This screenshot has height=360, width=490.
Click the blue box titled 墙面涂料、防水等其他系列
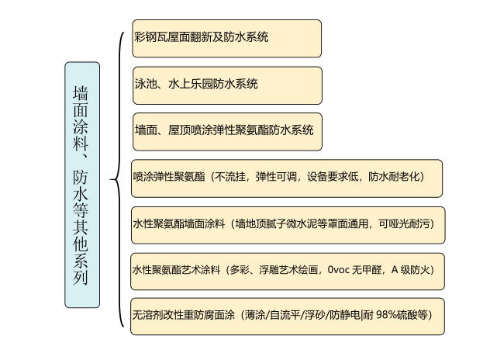[x=82, y=185]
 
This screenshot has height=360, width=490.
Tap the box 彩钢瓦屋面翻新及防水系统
[x=227, y=39]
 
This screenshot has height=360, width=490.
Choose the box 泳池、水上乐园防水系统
[x=227, y=85]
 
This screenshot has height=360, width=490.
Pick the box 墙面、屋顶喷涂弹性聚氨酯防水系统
[x=227, y=132]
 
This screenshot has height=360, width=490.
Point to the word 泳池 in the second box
[x=146, y=84]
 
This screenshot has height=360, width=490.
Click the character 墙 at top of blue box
[x=81, y=93]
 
